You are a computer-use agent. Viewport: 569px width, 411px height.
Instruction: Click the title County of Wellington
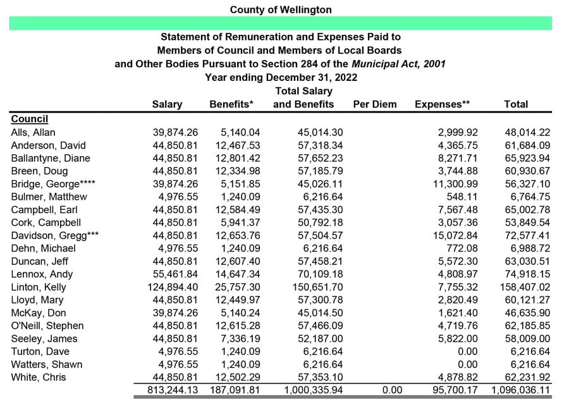281,9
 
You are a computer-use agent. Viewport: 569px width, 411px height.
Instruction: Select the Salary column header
167,104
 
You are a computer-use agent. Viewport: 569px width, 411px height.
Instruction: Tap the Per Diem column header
375,104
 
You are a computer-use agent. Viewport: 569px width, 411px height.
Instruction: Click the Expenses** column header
443,104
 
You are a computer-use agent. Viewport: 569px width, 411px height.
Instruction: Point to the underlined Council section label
30,119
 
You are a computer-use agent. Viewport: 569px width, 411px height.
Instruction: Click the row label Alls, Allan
33,132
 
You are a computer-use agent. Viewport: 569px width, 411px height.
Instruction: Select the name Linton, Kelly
39,287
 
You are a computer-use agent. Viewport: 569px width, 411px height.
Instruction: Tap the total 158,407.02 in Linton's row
522,287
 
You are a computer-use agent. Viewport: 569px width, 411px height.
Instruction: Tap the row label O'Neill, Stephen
47,326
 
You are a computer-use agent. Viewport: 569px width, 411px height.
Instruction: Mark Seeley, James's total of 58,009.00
527,339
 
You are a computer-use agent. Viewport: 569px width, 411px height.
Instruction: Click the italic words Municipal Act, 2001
399,64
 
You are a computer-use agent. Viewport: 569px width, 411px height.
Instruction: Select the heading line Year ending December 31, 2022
281,77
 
